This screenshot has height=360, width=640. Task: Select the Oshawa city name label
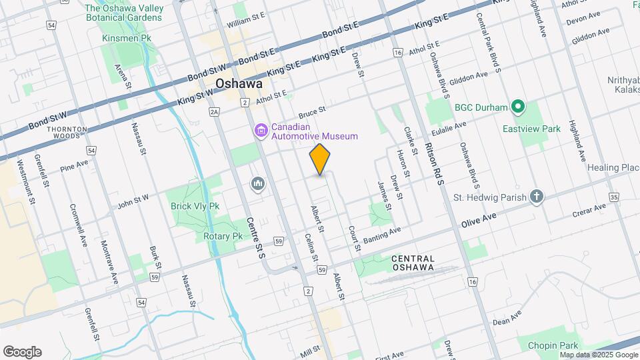click(x=238, y=85)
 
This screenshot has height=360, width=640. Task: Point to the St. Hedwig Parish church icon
click(x=537, y=197)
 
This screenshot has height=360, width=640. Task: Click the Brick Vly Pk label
click(x=195, y=207)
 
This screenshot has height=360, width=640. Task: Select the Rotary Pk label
click(x=223, y=236)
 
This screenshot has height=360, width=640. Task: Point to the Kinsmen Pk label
click(x=127, y=39)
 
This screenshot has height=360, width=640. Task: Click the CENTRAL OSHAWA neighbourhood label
click(x=413, y=263)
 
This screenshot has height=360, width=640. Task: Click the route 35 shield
click(x=613, y=197)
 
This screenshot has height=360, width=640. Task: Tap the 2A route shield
click(x=214, y=112)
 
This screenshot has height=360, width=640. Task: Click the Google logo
click(x=22, y=352)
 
